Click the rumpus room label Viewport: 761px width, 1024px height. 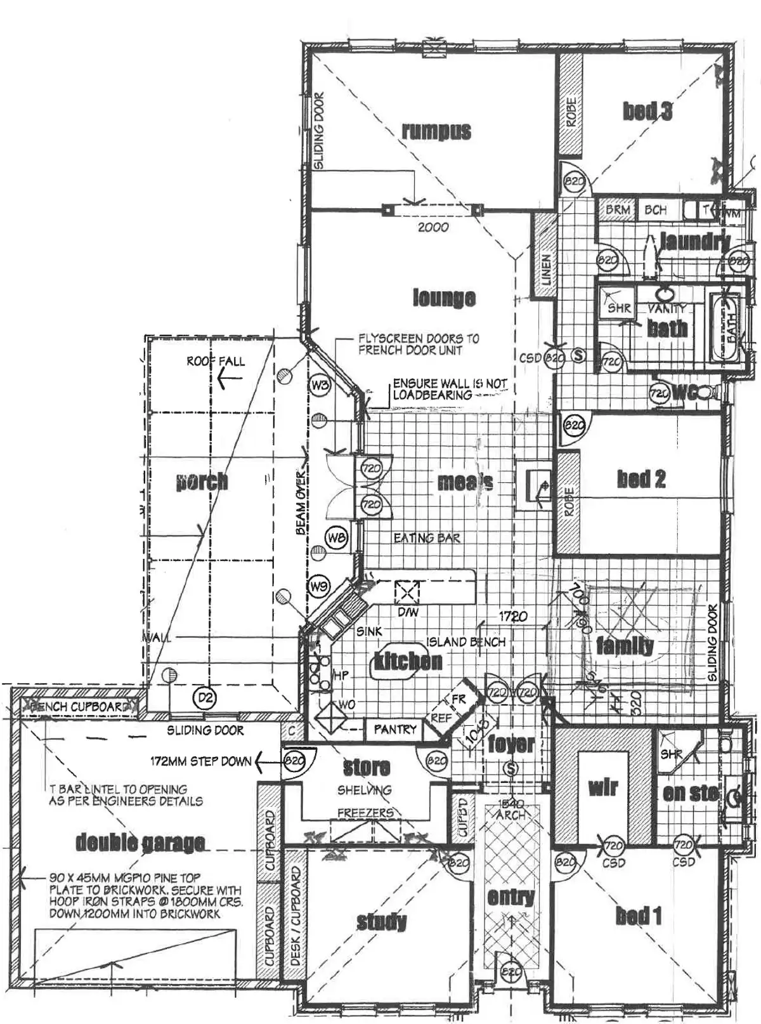[436, 131]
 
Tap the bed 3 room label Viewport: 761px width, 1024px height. [647, 111]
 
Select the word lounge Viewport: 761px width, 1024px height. [444, 297]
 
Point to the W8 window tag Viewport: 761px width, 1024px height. [336, 538]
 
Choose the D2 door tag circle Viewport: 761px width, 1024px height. [204, 699]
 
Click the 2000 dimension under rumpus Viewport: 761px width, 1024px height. [433, 227]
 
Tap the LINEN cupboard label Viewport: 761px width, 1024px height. [546, 270]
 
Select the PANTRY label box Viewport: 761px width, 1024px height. [395, 730]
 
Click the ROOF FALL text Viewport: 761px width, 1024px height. [216, 362]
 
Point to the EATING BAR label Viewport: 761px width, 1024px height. [427, 538]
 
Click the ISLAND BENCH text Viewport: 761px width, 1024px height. [466, 642]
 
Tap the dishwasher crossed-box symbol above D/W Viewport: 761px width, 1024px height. [407, 592]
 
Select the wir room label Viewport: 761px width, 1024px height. [602, 788]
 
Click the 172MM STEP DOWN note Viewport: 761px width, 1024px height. [200, 761]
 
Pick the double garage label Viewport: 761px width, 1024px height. [140, 843]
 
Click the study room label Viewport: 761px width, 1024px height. [381, 921]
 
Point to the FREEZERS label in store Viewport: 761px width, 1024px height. [365, 813]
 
